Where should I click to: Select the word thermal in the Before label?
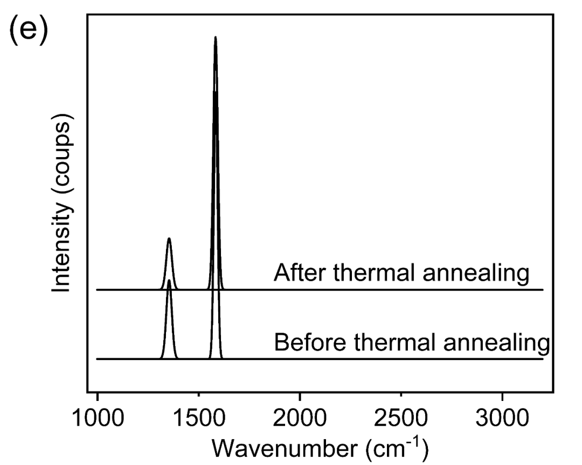pos(386,342)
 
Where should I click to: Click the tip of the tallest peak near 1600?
pos(216,37)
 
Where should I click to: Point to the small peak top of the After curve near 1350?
pos(169,238)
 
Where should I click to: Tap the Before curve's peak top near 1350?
pos(169,280)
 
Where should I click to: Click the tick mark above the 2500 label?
pos(401,396)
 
